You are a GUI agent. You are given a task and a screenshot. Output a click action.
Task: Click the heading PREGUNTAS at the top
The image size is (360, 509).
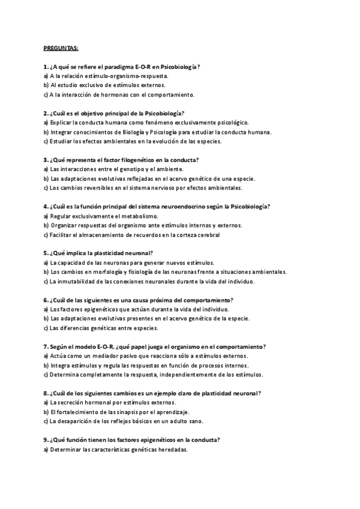(65, 47)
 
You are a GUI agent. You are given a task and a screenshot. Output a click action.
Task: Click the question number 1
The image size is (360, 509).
(46, 67)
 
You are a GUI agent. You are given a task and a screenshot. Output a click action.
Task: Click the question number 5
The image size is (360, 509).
(46, 253)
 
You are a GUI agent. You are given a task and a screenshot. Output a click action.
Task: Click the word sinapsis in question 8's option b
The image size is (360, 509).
(119, 412)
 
